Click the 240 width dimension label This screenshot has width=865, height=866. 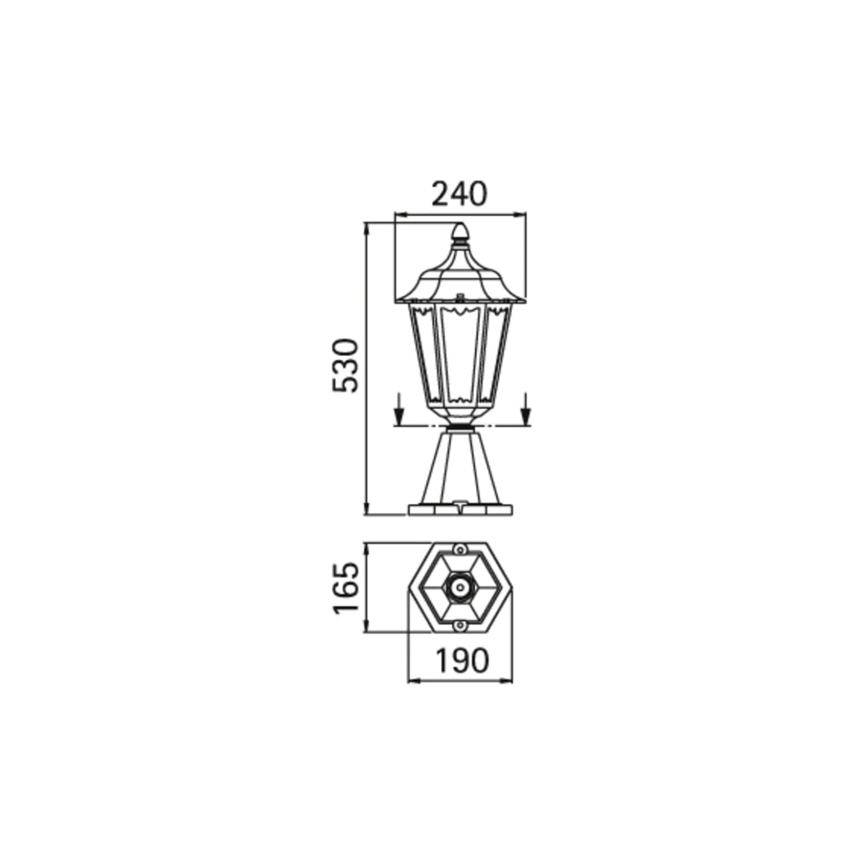coord(459,194)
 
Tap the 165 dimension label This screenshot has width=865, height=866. coord(345,588)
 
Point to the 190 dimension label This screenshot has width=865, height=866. coord(461,660)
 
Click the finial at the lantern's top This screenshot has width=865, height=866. coord(460,234)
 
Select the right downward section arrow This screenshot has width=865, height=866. coord(526,409)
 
